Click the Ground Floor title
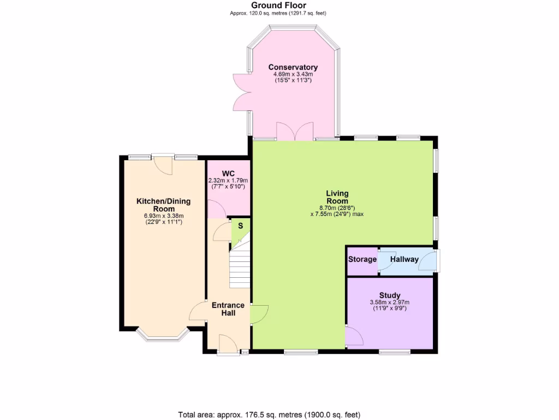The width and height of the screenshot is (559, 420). (x=278, y=5)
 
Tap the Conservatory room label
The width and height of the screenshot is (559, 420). (x=293, y=67)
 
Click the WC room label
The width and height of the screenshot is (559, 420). (x=228, y=173)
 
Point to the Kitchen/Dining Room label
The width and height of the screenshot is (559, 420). (x=163, y=205)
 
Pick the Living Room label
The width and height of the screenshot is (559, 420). (x=337, y=197)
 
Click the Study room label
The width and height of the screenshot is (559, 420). (x=390, y=295)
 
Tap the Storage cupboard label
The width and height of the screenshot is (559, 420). (x=362, y=259)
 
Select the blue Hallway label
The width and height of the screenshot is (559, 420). (x=404, y=259)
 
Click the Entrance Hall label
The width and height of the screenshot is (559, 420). (x=228, y=309)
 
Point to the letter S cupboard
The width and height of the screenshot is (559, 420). (x=240, y=225)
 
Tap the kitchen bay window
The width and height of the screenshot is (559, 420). (x=163, y=335)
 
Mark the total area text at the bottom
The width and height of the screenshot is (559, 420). (x=269, y=414)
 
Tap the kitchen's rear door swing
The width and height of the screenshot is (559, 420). (x=163, y=164)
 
